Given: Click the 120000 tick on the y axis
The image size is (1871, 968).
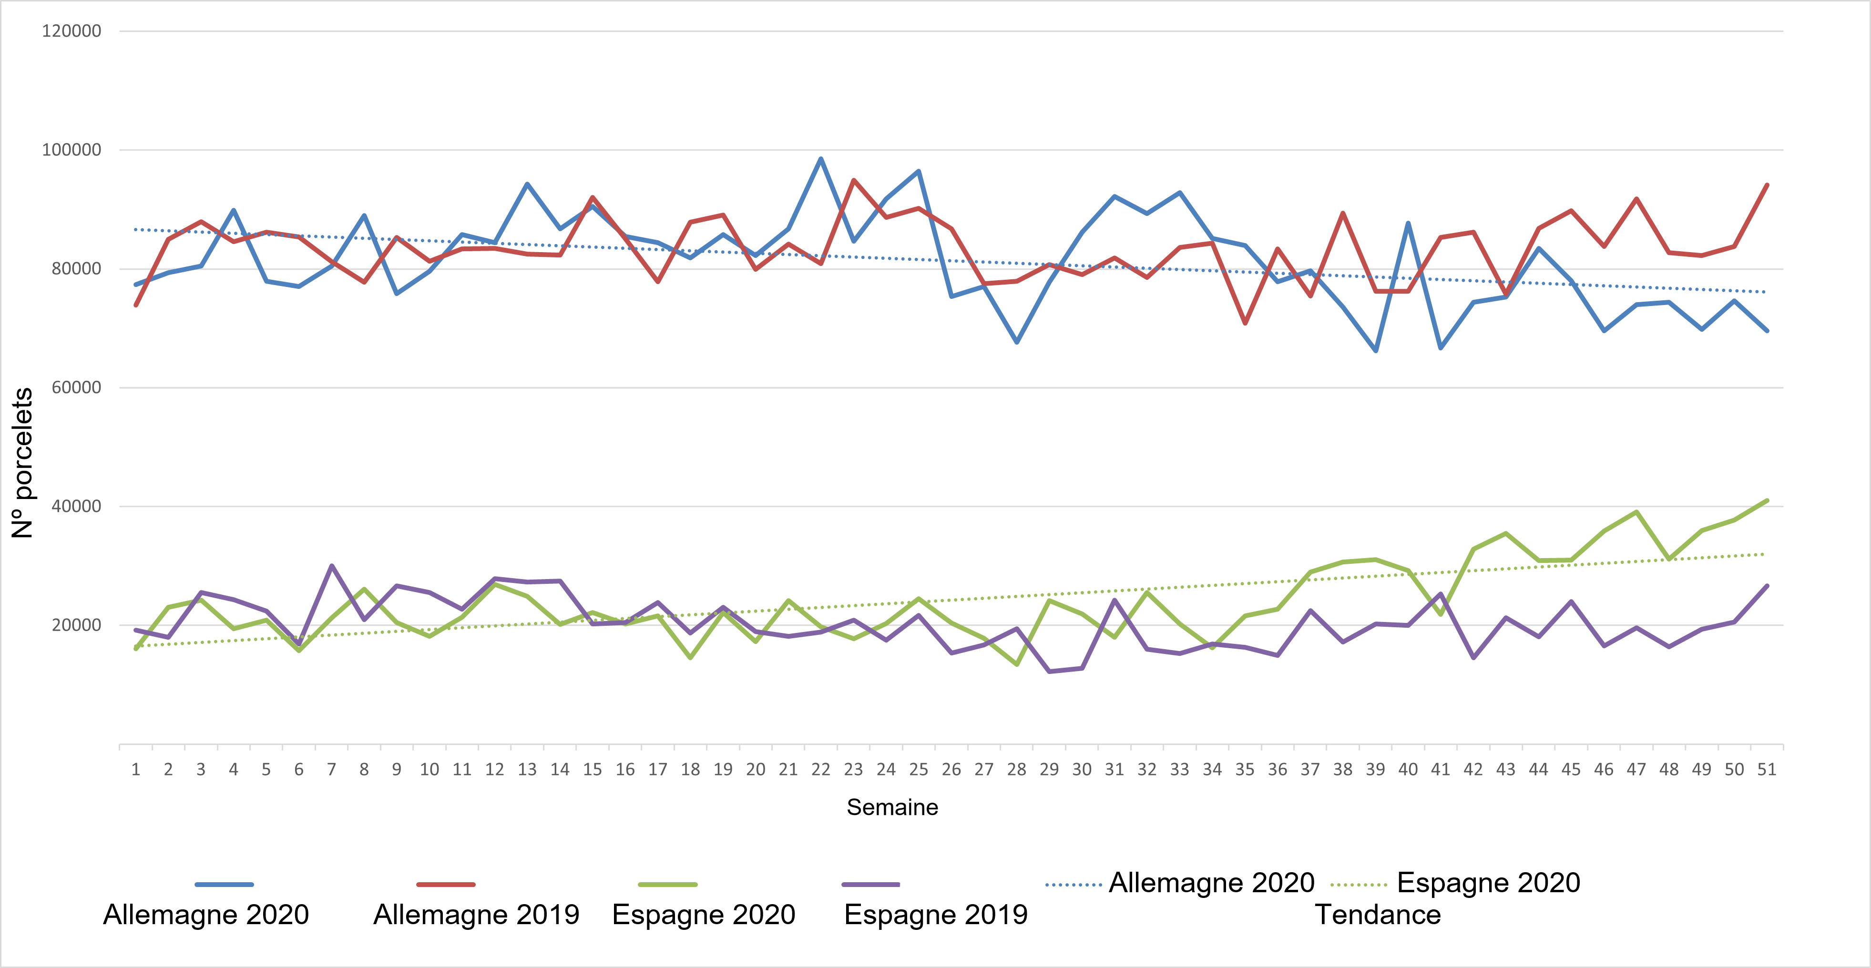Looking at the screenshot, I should (x=71, y=31).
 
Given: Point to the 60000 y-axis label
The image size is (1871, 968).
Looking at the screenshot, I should (x=75, y=388).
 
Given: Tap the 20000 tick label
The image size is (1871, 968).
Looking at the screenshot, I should (x=75, y=625).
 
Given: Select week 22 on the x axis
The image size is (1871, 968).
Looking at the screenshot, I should (x=821, y=770).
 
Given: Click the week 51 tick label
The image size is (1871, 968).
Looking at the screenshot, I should (x=1767, y=770).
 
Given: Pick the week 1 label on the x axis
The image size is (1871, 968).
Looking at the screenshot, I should (x=136, y=770).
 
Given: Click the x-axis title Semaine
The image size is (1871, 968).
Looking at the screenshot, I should (x=892, y=807).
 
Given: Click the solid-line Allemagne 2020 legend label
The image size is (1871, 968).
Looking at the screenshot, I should (x=206, y=914).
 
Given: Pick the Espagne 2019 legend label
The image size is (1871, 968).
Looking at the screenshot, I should (x=935, y=914).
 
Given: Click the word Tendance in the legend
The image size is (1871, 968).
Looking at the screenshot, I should (x=1377, y=914).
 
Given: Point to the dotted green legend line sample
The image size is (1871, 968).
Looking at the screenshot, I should (x=1358, y=885).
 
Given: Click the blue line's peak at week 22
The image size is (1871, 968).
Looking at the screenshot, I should (x=821, y=159).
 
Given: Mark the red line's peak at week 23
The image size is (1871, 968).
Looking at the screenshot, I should (x=853, y=180).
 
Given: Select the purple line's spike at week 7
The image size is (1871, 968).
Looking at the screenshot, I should (x=331, y=566).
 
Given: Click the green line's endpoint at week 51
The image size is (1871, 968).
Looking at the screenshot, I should (x=1767, y=500).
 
